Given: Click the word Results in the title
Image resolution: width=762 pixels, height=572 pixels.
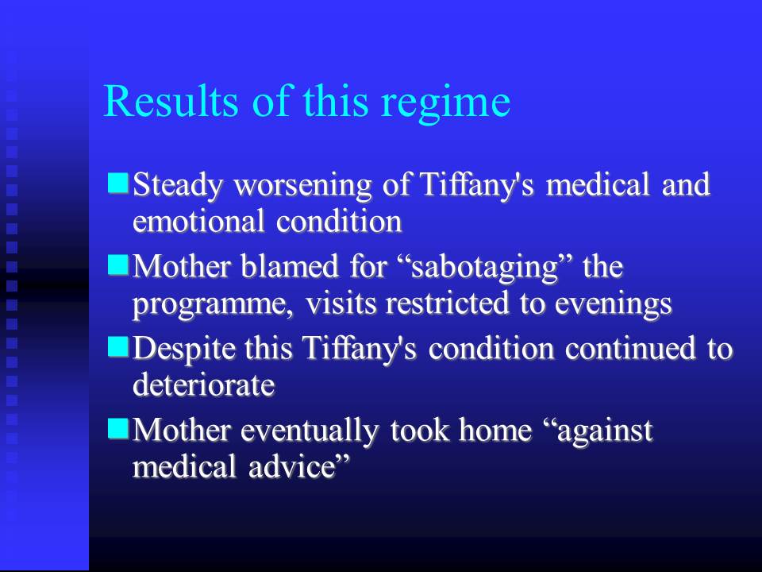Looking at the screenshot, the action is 171,101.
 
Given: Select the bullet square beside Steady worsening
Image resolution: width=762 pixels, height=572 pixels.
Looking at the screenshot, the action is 117,183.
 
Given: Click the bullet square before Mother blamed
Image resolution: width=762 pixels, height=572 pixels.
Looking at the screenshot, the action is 117,265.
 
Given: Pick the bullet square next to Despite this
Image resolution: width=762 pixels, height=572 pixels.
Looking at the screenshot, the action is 117,347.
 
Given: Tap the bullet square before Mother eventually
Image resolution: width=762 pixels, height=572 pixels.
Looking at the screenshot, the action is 117,428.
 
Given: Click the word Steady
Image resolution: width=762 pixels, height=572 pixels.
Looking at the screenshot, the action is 178,186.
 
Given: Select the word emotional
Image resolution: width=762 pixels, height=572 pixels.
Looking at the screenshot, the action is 198,222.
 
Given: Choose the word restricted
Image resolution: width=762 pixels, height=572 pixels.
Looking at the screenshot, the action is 447,303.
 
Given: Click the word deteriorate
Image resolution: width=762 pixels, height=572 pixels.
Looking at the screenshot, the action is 204,385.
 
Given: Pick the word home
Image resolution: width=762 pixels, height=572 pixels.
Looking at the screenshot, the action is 495,431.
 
